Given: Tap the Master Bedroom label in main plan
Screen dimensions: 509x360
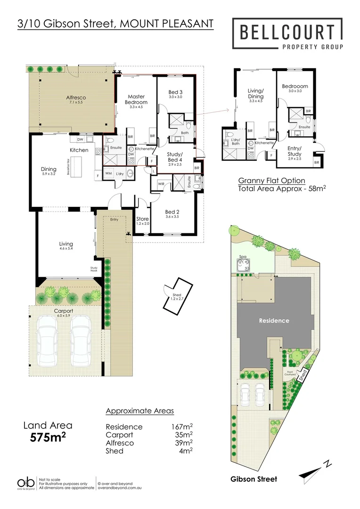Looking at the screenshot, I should [136, 99].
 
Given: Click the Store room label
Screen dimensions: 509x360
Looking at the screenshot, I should [142, 219].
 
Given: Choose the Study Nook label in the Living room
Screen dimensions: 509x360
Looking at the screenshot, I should [94, 269].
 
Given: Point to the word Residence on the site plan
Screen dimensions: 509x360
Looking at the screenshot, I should [274, 320].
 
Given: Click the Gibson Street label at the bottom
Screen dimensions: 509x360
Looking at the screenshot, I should [254, 479].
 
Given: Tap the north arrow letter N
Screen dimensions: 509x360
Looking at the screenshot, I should [328, 464].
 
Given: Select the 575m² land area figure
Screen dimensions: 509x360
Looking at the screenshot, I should [48, 437].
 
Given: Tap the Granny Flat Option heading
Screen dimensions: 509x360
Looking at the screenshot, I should [271, 181].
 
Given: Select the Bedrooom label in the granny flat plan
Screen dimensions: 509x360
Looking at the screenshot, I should [295, 86].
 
